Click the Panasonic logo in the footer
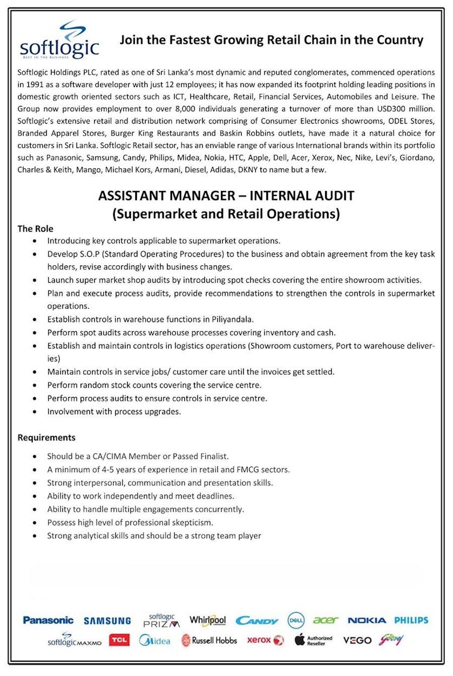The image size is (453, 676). click(x=48, y=620)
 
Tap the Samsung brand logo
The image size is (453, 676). click(x=107, y=621)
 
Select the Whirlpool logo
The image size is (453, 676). click(x=207, y=620)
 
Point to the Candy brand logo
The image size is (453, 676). click(x=257, y=621)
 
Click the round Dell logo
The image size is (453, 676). click(x=296, y=620)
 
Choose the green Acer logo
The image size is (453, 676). click(x=325, y=620)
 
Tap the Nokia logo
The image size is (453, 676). click(x=367, y=620)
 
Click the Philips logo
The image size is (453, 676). click(x=411, y=620)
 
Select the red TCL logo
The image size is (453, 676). click(x=119, y=640)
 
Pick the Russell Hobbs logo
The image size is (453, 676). click(x=209, y=640)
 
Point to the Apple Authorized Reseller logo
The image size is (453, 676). click(x=314, y=640)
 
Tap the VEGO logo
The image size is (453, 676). click(x=357, y=640)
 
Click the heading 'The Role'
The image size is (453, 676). click(x=35, y=229)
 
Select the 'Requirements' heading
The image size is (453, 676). click(x=46, y=437)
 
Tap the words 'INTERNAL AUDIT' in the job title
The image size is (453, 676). click(x=302, y=196)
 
